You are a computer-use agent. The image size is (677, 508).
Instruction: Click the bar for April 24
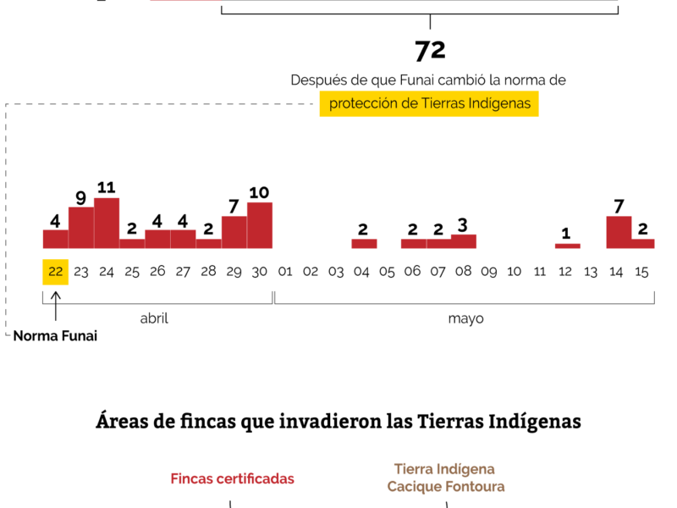pos(107,223)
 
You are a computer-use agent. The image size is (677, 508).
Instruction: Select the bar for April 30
pos(260,225)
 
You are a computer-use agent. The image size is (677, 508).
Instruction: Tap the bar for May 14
pos(619,232)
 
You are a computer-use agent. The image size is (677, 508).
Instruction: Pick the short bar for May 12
pos(568,246)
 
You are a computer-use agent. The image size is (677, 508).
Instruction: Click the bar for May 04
pos(364,244)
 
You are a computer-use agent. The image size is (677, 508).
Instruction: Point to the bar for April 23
pos(81,227)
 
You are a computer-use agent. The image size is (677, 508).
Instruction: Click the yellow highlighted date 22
pos(56,272)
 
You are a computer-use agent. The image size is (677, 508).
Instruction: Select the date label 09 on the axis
pos(488,272)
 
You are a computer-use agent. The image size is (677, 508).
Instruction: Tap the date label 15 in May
pos(641,272)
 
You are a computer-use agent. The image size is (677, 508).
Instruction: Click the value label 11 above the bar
pos(106,187)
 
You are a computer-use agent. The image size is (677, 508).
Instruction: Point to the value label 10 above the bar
pos(259,192)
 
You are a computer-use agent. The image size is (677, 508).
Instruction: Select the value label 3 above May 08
pos(463,225)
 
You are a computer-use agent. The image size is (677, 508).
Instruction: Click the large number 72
pos(430,51)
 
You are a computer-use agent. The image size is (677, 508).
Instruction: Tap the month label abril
pos(154,319)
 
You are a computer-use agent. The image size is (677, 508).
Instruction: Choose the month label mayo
pos(465,319)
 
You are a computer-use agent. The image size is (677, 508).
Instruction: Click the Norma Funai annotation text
pos(55,336)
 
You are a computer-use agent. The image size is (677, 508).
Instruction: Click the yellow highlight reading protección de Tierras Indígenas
pos(429,104)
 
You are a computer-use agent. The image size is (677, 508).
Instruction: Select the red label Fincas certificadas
pos(232,479)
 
